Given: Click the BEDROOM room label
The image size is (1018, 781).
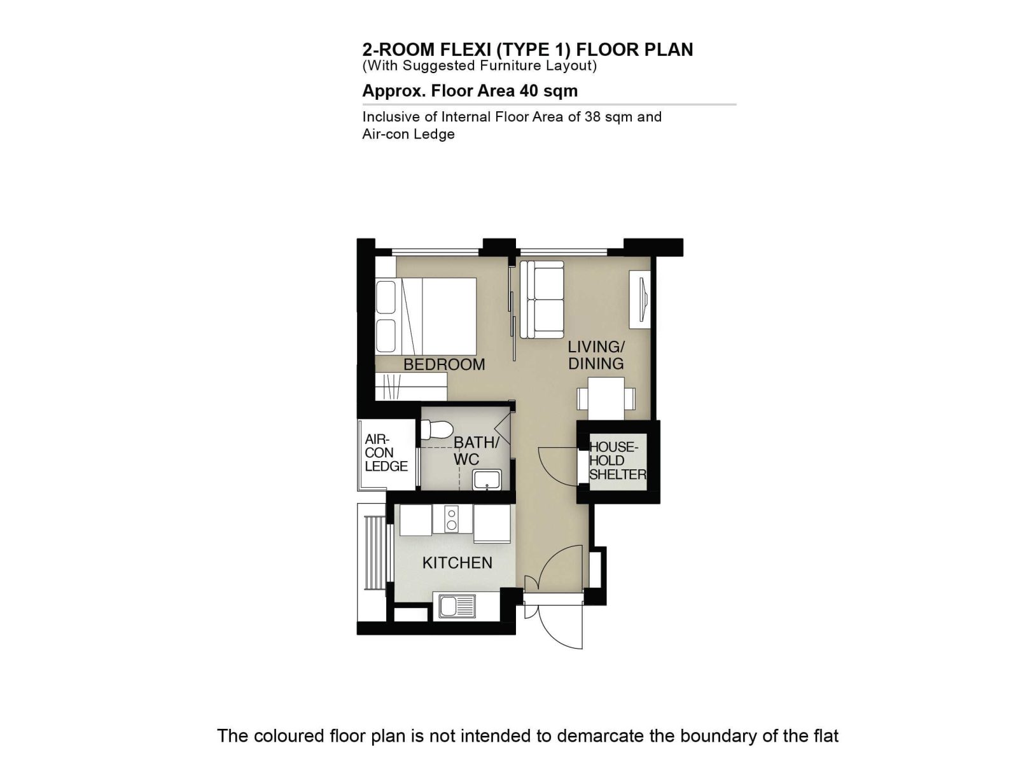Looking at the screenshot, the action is [444, 364].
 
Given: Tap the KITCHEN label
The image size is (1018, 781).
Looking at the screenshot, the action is [457, 562].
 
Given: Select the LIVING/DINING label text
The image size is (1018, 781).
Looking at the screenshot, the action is [596, 355].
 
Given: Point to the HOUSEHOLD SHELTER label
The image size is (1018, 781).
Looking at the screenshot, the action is [617, 460].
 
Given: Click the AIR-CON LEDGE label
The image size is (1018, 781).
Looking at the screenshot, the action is [386, 453].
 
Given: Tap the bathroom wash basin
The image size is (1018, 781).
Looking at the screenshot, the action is [487, 480].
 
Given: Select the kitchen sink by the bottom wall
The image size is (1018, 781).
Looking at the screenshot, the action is [457, 606].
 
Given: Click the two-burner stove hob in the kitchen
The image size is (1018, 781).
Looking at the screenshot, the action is [452, 519].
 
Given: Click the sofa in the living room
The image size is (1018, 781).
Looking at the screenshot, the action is [541, 299].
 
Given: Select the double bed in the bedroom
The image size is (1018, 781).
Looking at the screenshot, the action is [426, 316].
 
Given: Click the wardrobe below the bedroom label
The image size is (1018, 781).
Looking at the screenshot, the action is [411, 386].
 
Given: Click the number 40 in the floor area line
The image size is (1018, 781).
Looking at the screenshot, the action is [529, 90].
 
